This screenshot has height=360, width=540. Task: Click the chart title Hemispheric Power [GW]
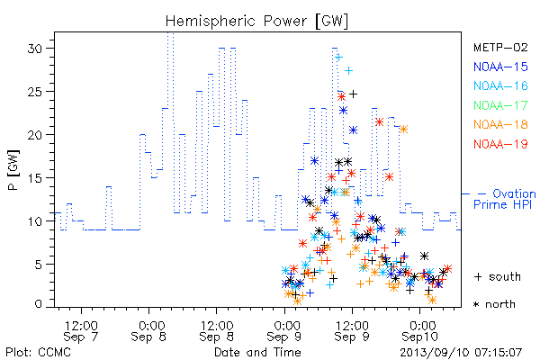click(256, 22)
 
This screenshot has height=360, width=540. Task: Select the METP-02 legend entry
click(500, 47)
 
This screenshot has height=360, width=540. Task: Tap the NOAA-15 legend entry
click(500, 67)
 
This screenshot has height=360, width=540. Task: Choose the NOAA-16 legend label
click(500, 85)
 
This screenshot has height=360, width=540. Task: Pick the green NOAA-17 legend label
click(500, 105)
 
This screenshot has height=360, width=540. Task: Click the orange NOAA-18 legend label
click(500, 124)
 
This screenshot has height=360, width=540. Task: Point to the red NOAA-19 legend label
click(500, 144)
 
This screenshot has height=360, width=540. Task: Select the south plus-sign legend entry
click(498, 276)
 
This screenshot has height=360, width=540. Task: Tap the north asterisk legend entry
click(494, 304)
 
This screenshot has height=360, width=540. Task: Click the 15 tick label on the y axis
click(35, 178)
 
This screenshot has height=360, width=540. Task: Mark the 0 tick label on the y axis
click(39, 303)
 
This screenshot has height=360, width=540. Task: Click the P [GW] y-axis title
click(13, 170)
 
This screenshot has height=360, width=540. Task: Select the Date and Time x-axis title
click(257, 352)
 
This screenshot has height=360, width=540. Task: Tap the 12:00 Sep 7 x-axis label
click(81, 331)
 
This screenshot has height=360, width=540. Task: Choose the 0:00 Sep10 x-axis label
click(419, 331)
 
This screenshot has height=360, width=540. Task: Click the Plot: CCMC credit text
click(38, 352)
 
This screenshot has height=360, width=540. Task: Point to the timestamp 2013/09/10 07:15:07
click(461, 353)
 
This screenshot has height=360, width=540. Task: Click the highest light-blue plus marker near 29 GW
click(339, 58)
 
